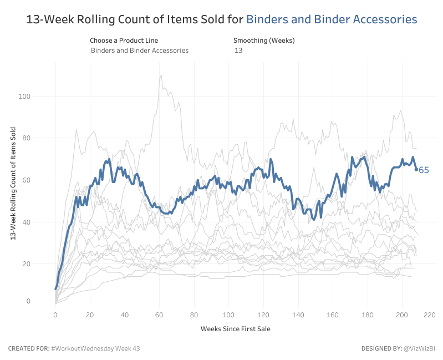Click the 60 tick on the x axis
(x=159, y=315)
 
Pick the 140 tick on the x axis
(x=298, y=315)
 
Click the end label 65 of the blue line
(x=424, y=170)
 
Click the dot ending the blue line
(x=416, y=170)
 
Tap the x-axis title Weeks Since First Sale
(x=235, y=329)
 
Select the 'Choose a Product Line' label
(x=124, y=40)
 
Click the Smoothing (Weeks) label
(x=264, y=40)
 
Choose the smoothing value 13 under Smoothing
(x=238, y=50)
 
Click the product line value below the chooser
(x=140, y=50)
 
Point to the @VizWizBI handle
(x=419, y=348)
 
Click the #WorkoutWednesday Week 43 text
(x=95, y=348)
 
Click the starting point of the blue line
(x=55, y=289)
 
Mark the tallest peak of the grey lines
(x=161, y=75)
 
